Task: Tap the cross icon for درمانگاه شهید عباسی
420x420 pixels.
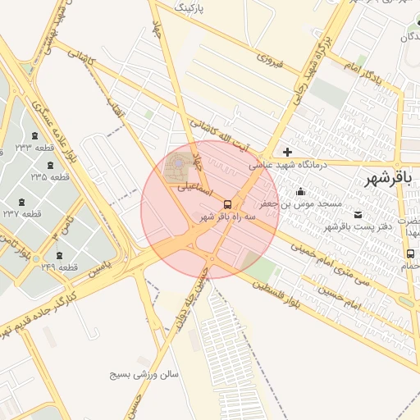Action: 287,152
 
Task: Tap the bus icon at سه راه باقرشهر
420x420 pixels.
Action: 227,203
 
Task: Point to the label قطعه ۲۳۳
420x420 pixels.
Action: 34,148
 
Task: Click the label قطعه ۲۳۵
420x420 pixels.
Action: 50,176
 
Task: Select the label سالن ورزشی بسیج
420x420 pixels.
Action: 144,374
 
